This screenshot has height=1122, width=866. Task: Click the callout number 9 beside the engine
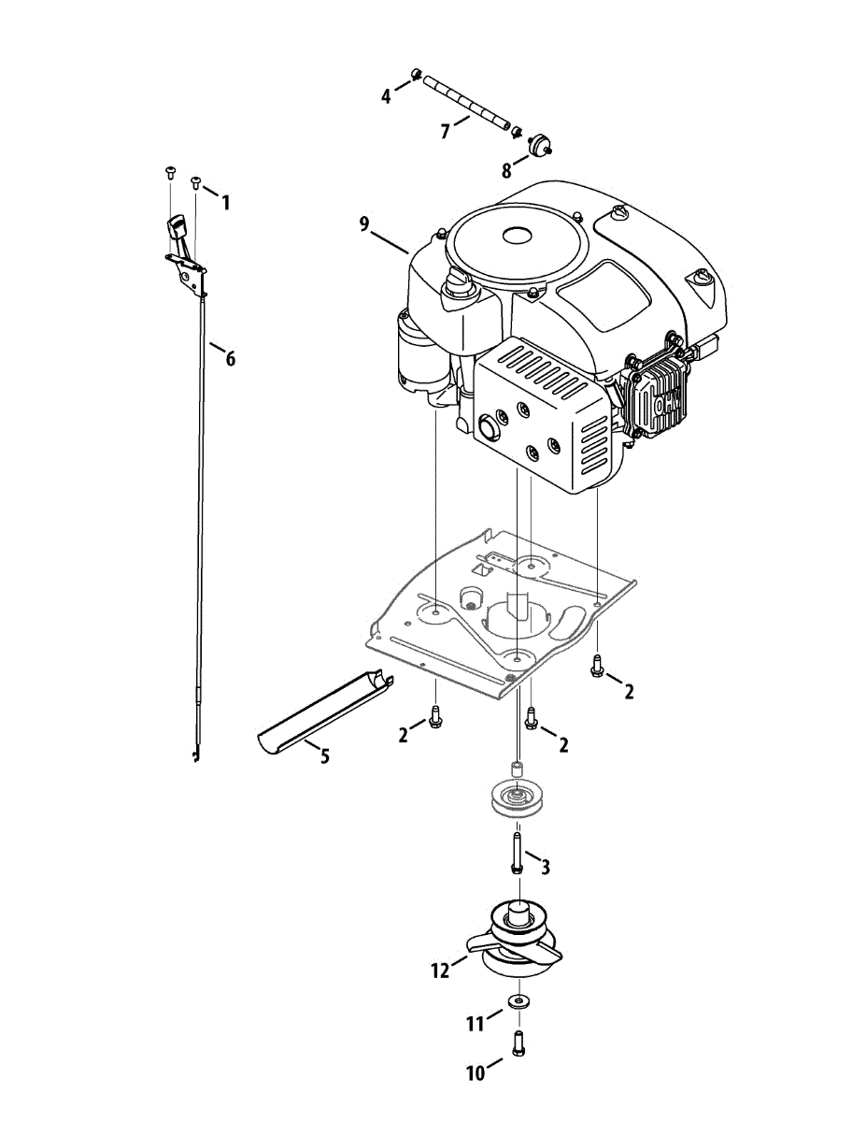[364, 223]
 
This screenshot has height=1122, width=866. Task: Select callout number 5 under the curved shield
[324, 756]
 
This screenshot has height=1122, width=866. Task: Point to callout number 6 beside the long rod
[230, 358]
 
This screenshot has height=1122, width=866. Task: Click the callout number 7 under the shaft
[446, 132]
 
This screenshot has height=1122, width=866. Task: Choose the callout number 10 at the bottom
[476, 1074]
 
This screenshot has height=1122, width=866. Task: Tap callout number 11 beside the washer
[476, 1025]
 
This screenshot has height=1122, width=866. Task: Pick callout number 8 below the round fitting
[506, 170]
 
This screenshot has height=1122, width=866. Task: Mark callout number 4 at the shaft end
[385, 96]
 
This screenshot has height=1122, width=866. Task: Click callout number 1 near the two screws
[224, 201]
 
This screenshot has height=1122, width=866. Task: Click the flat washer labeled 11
[517, 1002]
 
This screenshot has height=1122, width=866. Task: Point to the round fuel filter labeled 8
[538, 144]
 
